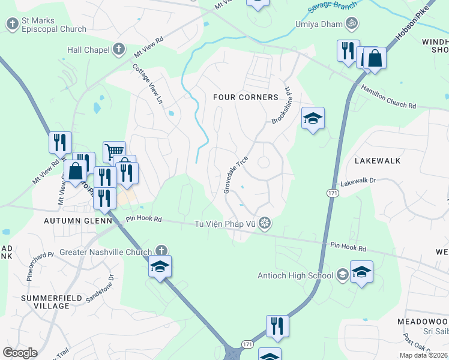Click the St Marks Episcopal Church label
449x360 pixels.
pos(53,25)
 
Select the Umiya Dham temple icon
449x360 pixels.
pos(352,24)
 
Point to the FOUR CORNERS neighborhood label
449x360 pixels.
pos(246,97)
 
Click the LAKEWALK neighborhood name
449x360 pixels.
pos(377,161)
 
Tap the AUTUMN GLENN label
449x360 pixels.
pos(78,221)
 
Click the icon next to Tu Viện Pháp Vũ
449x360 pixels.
pos(265,224)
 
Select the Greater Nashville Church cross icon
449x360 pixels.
pos(160,250)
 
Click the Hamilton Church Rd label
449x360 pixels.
pos(388,97)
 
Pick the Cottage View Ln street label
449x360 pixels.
pos(148,85)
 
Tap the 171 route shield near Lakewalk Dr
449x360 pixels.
pos(332,193)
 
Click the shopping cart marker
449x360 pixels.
pos(114,151)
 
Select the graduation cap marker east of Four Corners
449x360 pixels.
pos(313,118)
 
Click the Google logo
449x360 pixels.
pos(20,352)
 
